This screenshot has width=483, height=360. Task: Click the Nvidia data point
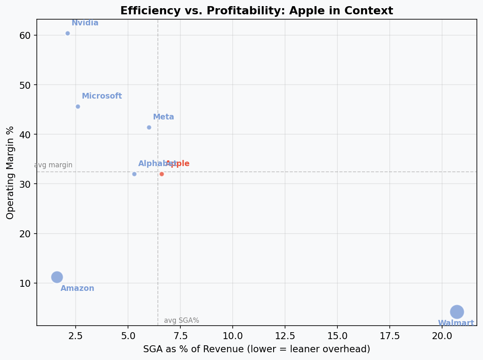[67, 33]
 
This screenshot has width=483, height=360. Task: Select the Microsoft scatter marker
[78, 106]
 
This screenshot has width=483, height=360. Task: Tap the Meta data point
[149, 127]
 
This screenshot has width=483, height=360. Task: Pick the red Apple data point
[162, 174]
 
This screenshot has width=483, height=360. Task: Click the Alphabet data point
[134, 174]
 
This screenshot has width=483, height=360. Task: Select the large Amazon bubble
[57, 277]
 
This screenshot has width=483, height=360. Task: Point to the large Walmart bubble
[457, 312]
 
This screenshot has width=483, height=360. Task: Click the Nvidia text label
[85, 23]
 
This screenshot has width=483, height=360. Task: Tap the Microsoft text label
[102, 96]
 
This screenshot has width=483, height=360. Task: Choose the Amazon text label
[77, 288]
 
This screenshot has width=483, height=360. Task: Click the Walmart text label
[456, 323]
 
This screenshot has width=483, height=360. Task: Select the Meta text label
[164, 117]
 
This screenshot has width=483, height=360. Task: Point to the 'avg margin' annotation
[53, 165]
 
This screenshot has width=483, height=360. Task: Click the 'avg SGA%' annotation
[182, 321]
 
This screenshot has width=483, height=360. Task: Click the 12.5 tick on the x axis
[285, 336]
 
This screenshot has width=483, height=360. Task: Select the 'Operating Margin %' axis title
[11, 172]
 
